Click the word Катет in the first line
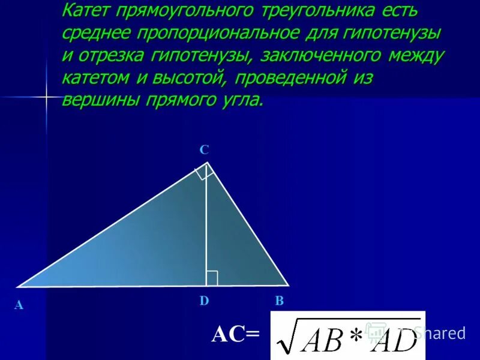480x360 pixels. coord(95,11)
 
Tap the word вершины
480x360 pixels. coord(100,100)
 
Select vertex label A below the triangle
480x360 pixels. coord(19,305)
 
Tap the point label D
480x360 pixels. coord(204,301)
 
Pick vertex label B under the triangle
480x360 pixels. coord(279,301)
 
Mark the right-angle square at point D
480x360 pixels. coord(211,278)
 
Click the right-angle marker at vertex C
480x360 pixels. coord(203,173)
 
